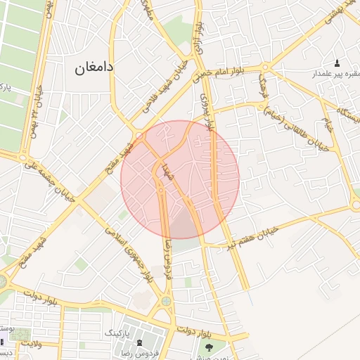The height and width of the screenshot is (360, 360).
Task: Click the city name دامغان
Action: point(94,68)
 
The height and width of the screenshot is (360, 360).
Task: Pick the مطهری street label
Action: point(149,11)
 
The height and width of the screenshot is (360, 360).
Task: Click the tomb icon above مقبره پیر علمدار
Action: point(336,63)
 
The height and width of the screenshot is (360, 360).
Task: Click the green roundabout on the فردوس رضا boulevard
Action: point(167,302)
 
